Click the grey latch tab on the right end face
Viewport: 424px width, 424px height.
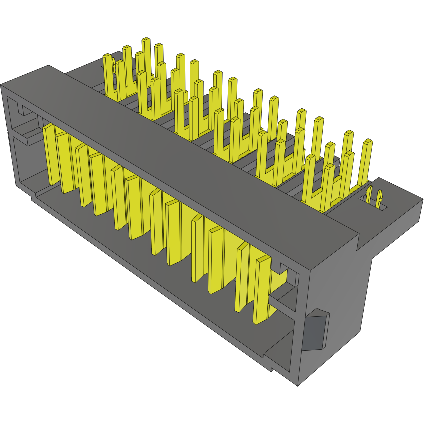coord(316,331)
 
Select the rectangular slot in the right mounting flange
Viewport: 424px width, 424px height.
coord(374,201)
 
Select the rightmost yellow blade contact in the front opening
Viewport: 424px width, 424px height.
coord(261,290)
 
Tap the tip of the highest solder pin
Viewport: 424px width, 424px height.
coord(146,39)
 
